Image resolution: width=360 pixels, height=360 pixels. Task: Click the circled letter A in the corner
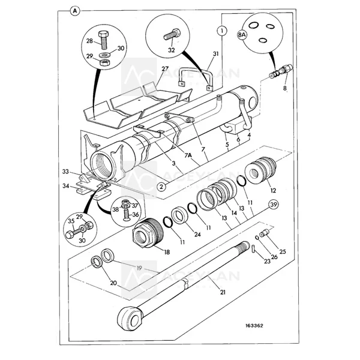click(74, 11)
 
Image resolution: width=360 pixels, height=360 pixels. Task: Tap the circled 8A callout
click(242, 35)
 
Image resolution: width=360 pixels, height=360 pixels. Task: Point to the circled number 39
click(273, 206)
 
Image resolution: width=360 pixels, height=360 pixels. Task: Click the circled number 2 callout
click(161, 187)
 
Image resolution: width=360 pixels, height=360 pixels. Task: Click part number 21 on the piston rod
click(223, 292)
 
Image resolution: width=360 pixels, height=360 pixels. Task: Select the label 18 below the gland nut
click(167, 253)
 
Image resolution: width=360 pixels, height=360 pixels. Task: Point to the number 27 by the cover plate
click(164, 70)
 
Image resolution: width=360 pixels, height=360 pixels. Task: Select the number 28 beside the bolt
click(89, 41)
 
